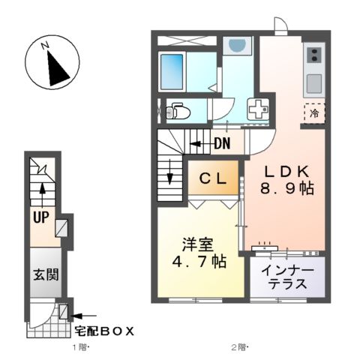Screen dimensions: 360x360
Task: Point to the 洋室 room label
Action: [197, 244]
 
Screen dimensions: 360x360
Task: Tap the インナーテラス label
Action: [289, 277]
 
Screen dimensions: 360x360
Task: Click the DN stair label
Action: [221, 143]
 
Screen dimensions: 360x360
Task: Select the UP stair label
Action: [40, 217]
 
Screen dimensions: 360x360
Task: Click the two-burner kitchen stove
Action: [313, 55]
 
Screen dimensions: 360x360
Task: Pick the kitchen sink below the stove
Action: [313, 81]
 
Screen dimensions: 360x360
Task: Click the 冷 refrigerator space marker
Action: [314, 113]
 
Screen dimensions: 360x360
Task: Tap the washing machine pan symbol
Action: [258, 109]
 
